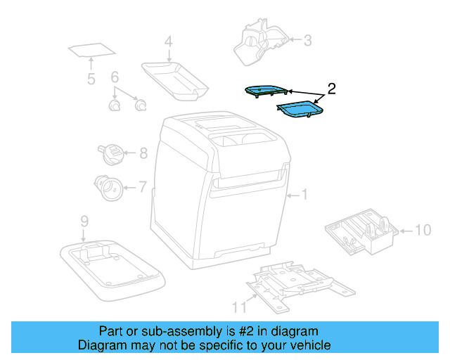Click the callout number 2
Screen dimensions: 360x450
[x=332, y=89]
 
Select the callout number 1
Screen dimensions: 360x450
[x=304, y=195]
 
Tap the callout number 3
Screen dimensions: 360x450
[x=307, y=40]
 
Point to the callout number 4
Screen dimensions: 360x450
[x=168, y=42]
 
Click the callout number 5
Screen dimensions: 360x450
[x=91, y=79]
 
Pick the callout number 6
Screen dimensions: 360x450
[x=115, y=77]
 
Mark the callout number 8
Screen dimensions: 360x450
[x=143, y=153]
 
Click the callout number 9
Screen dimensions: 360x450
[x=84, y=221]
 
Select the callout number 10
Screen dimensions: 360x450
[x=422, y=230]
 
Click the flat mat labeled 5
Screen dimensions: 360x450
[x=92, y=51]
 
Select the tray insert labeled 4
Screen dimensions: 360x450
[x=175, y=76]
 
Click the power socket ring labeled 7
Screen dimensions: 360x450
[x=109, y=187]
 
